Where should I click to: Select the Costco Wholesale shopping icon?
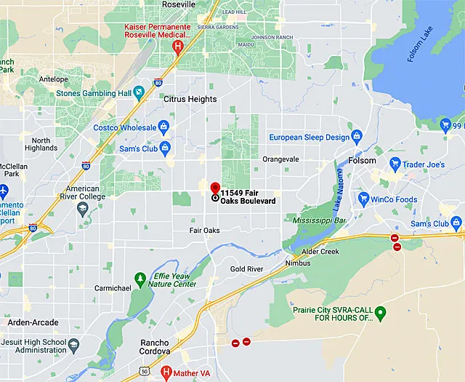click(x=165, y=127)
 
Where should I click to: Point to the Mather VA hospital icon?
click(x=166, y=373)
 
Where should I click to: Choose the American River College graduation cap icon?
click(x=82, y=209)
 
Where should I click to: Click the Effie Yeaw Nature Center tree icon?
click(x=140, y=279)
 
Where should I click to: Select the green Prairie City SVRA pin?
click(x=380, y=312)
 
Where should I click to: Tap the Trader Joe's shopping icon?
click(x=395, y=164)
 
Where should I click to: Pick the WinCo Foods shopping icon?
click(x=361, y=199)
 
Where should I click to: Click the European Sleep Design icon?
click(x=356, y=136)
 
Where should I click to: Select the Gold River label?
click(x=246, y=269)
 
